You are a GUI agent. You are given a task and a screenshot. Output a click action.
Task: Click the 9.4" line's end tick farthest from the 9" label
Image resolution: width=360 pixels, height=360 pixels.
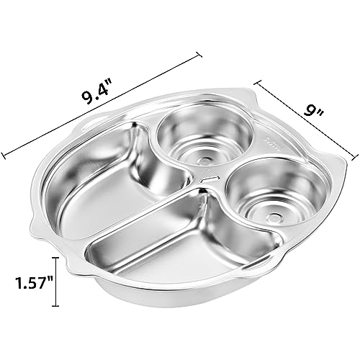pyautogui.click(x=5, y=153)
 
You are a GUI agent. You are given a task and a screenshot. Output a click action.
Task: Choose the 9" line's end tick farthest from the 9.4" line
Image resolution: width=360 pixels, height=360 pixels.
pyautogui.click(x=354, y=155)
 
